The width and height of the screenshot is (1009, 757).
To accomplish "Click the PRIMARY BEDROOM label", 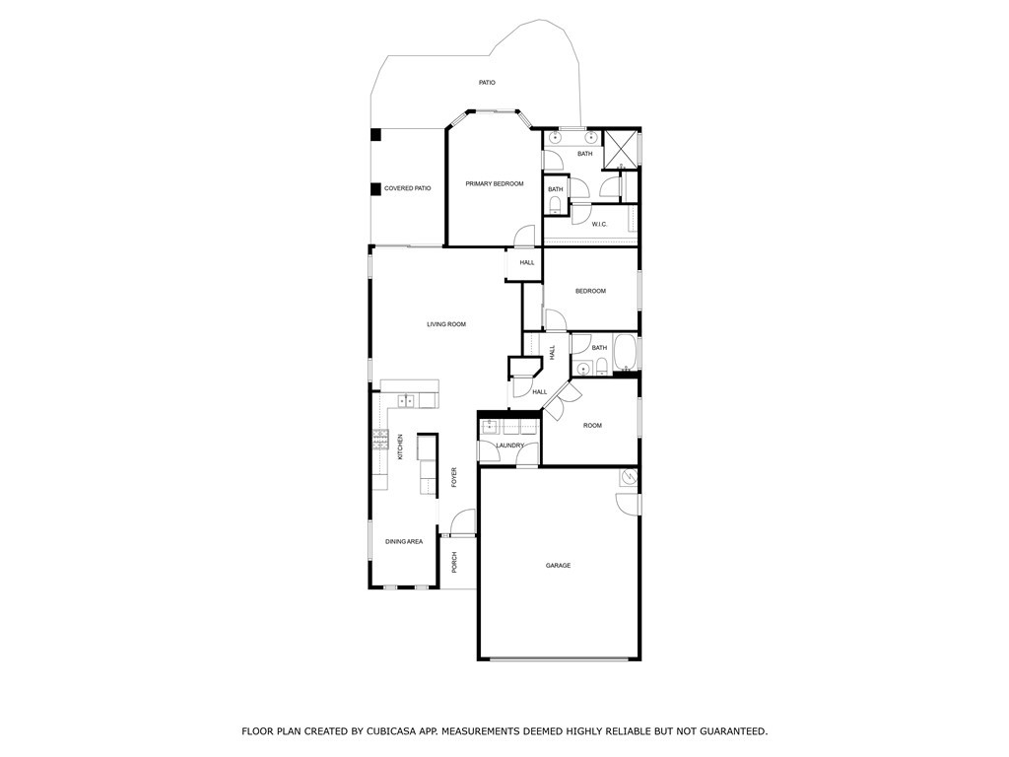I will tap(495, 184).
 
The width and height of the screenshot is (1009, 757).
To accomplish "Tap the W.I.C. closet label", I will tap(600, 225).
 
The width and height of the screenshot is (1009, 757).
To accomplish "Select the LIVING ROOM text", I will tap(446, 324).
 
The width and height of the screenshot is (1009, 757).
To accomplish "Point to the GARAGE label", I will tap(559, 566).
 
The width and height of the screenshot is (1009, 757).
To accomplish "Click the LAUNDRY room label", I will tap(509, 446).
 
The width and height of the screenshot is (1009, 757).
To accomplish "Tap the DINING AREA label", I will tap(404, 541).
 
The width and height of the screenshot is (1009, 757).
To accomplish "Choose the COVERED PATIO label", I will tap(408, 188).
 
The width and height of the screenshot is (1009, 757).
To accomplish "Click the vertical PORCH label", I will tap(454, 563).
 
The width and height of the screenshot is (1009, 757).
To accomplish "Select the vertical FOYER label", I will tap(454, 477).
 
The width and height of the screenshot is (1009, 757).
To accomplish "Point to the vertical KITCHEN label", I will tap(400, 448).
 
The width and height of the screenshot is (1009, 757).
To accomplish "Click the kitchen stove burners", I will tap(379, 441).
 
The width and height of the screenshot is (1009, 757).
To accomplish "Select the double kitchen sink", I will tap(406, 401).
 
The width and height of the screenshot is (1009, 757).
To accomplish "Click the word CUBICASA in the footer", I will tap(394, 731).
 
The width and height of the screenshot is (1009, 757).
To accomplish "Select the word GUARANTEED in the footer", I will tap(728, 731).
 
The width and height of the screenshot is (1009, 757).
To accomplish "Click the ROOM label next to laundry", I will tap(592, 426).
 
